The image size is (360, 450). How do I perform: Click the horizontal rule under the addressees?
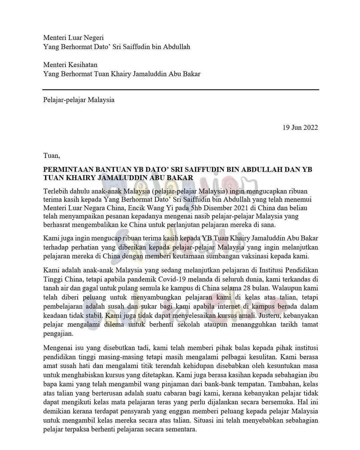[x=180, y=89]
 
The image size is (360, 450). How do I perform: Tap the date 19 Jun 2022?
[x=300, y=127]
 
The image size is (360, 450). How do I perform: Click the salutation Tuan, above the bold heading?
[x=51, y=155]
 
